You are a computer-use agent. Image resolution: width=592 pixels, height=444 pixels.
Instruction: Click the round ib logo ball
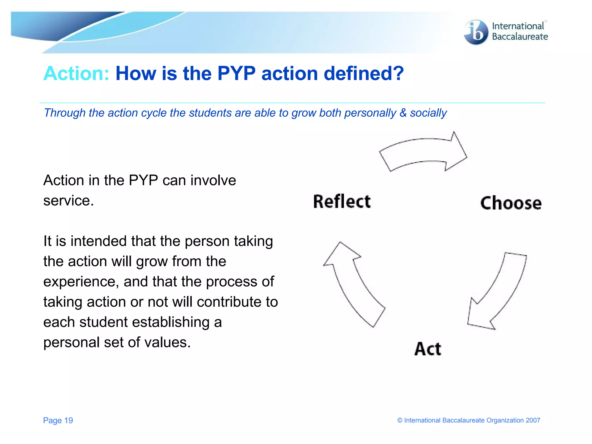click(476, 32)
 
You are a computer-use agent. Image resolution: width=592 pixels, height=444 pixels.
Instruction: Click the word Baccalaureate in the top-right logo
click(520, 37)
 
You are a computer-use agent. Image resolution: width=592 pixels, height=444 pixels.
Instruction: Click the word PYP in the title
click(236, 73)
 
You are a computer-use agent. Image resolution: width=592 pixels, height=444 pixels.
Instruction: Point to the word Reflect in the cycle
click(342, 201)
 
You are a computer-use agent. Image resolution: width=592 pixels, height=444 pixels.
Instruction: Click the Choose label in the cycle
click(511, 203)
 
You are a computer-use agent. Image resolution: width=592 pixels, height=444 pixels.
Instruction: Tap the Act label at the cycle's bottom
click(428, 349)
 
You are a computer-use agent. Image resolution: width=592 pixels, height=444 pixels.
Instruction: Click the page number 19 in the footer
click(69, 420)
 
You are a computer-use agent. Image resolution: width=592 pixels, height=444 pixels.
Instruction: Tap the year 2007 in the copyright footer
click(533, 420)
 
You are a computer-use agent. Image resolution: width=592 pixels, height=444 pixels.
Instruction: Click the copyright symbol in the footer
click(400, 420)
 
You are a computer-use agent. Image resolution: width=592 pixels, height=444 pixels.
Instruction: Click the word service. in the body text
click(69, 201)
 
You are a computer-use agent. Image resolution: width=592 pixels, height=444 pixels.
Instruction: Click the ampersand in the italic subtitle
click(403, 113)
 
